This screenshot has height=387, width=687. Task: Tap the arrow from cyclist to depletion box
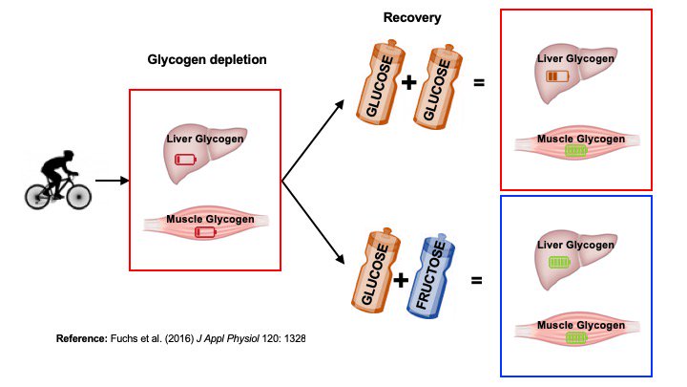113,180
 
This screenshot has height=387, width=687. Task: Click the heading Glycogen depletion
207,59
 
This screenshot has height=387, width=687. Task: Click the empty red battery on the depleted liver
185,160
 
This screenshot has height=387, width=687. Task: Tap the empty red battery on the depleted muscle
205,232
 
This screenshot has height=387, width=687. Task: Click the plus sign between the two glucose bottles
409,83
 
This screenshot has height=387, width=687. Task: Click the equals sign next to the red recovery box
479,83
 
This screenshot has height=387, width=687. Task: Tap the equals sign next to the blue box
476,280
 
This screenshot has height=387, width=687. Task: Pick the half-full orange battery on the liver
555,75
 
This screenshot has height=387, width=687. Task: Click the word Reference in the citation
83,339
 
